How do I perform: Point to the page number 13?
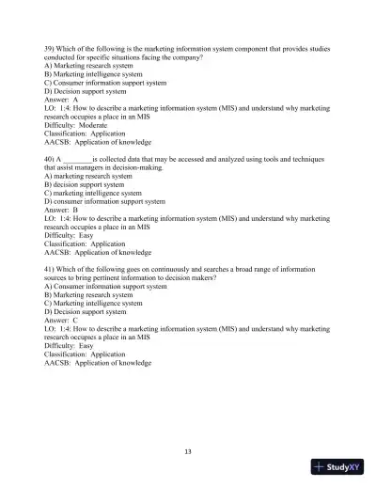point(188,453)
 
